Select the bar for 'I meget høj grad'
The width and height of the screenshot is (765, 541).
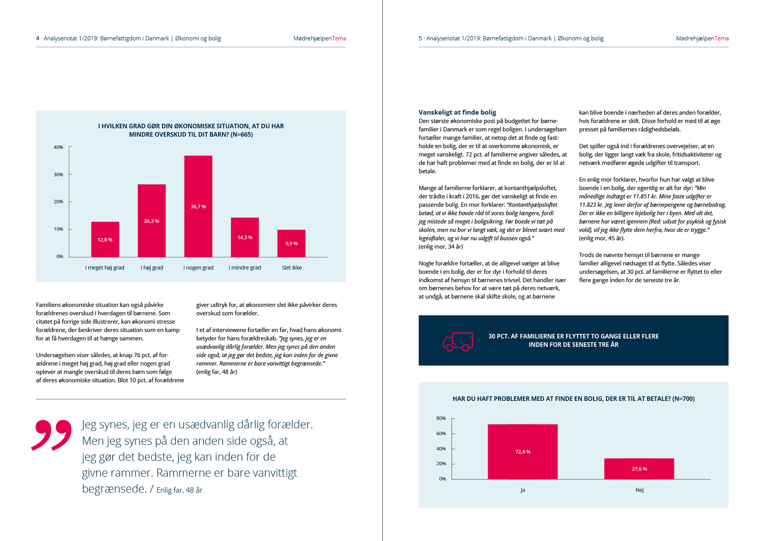105,239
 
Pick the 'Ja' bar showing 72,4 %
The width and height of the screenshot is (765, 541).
522,451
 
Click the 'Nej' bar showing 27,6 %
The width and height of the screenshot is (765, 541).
639,468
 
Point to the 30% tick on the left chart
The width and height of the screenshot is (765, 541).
58,175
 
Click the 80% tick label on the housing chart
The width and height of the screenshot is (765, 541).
441,418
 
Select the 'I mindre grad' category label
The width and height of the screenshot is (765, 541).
245,268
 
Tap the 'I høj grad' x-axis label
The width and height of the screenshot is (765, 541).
152,268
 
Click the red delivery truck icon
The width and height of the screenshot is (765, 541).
458,341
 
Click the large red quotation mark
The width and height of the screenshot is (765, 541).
52,435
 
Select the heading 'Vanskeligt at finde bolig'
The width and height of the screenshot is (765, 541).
457,112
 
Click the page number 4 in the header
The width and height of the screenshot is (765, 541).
37,38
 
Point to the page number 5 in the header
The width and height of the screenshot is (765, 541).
420,38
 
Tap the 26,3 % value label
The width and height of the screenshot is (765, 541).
151,221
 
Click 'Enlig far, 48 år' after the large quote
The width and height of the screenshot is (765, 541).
179,490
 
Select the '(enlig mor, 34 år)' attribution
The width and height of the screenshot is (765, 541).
441,246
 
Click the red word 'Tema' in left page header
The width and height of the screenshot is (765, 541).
339,38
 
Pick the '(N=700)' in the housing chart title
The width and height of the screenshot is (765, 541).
683,399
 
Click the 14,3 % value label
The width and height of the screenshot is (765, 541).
245,237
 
